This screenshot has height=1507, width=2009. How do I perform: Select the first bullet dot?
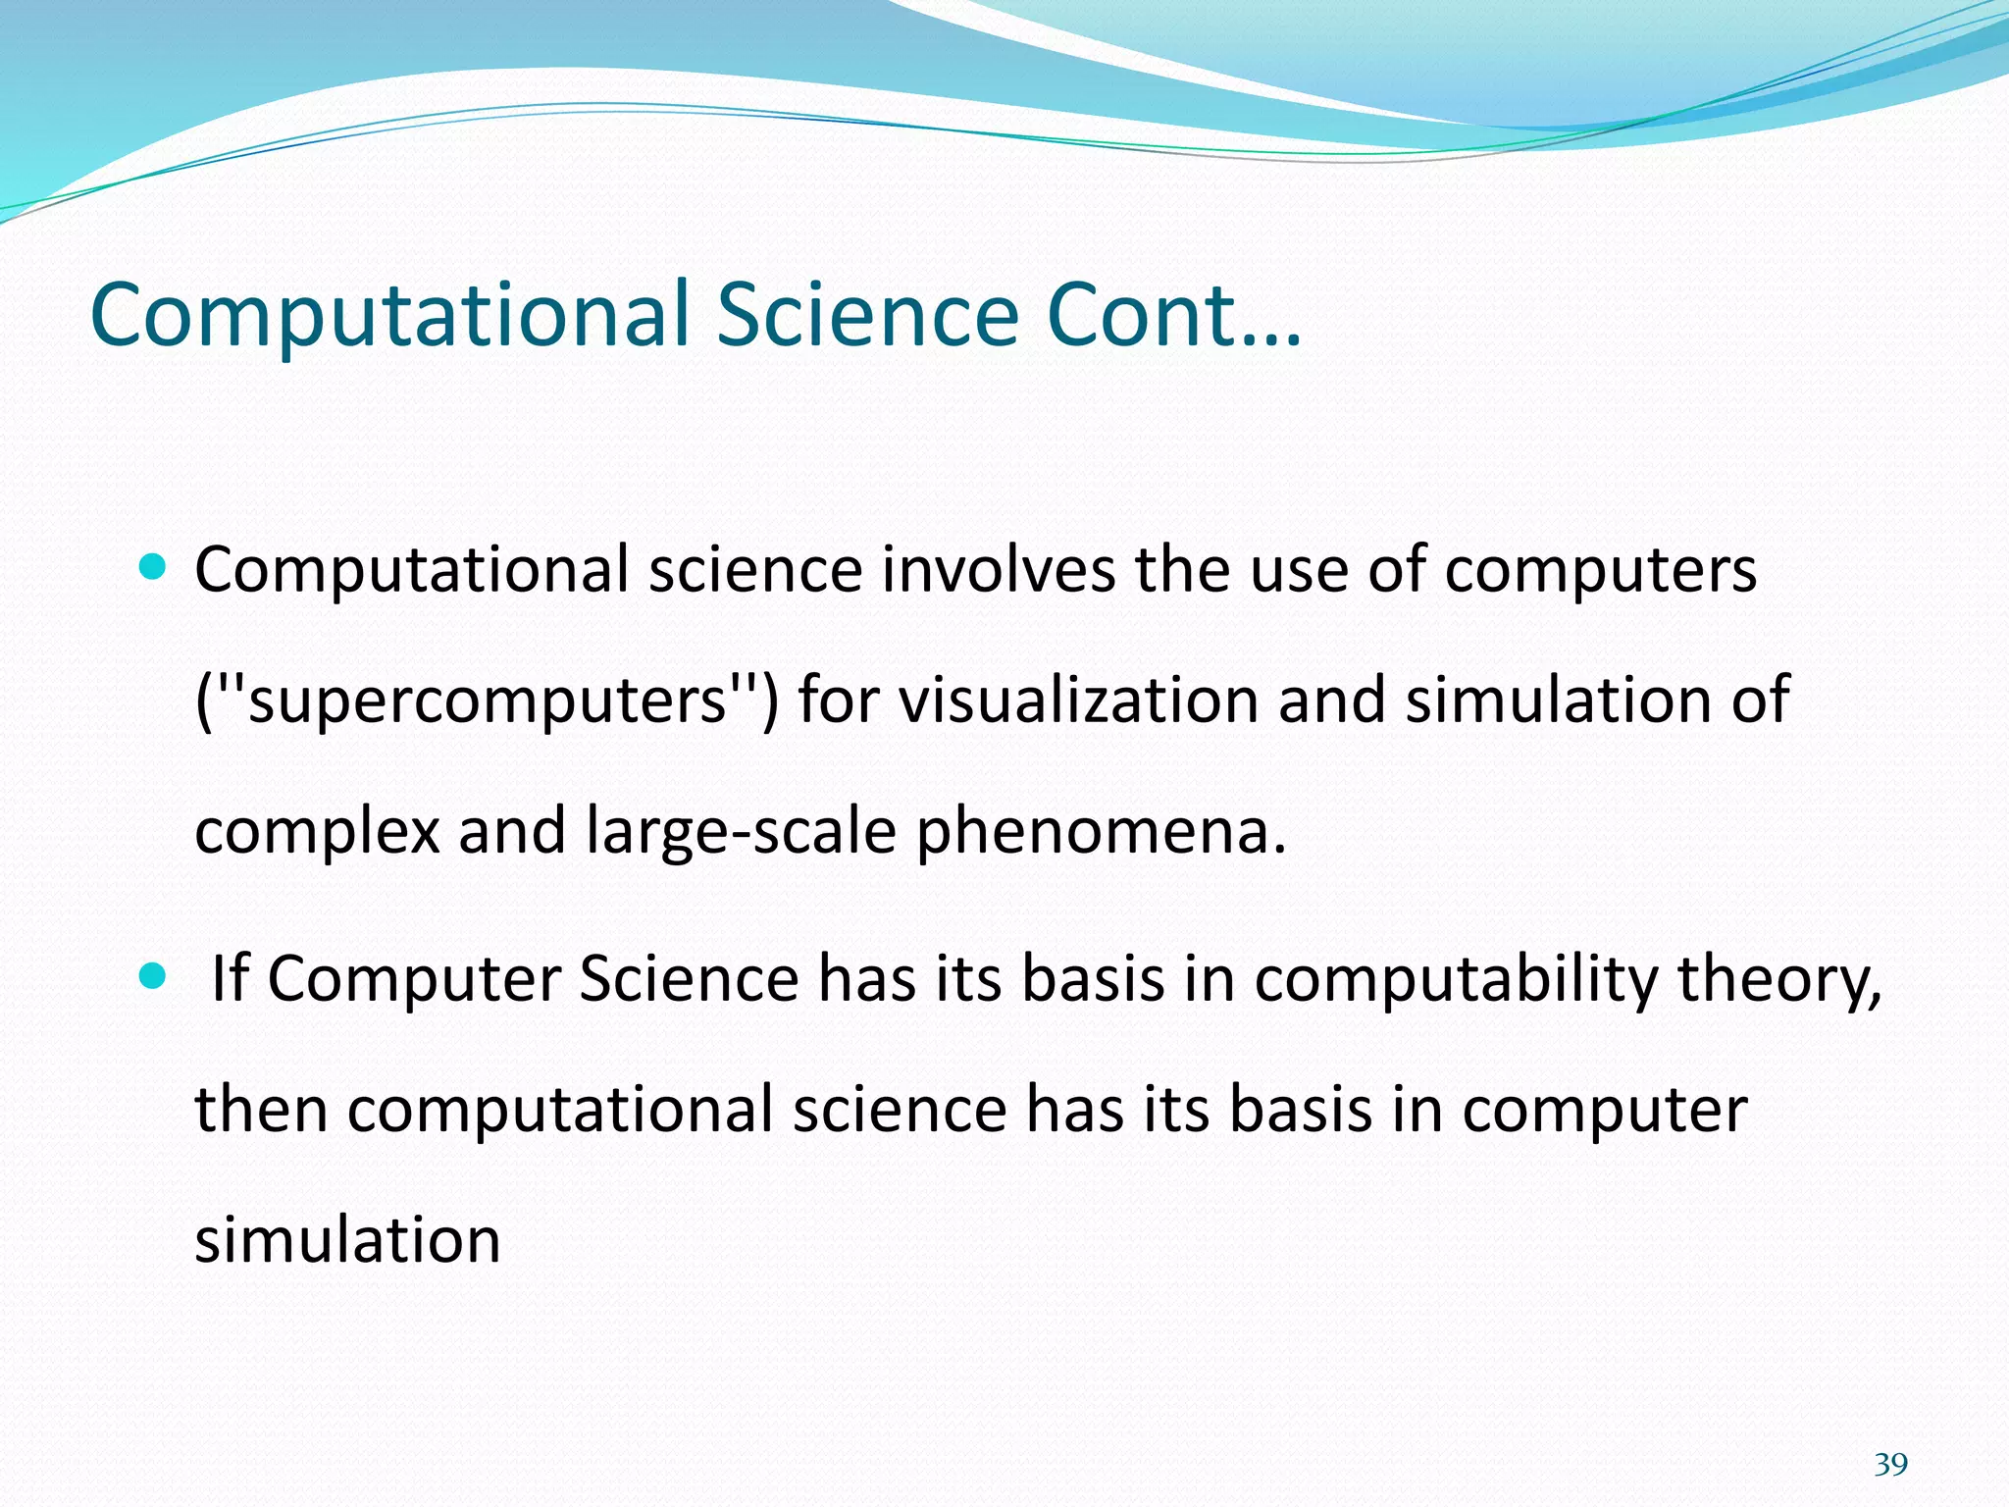click(x=154, y=566)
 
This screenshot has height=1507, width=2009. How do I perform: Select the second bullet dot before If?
click(x=154, y=976)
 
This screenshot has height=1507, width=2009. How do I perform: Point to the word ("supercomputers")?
click(x=487, y=701)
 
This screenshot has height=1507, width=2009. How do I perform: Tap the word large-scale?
click(x=741, y=831)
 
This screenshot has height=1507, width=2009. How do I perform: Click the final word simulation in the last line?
click(x=347, y=1240)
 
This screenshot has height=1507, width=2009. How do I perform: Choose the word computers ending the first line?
click(x=1600, y=571)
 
